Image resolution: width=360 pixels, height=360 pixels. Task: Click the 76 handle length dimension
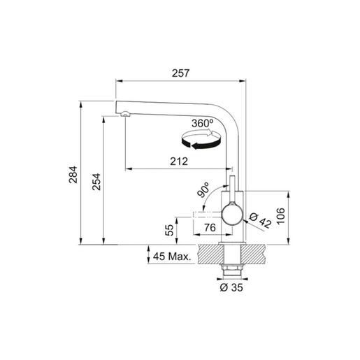[208, 227]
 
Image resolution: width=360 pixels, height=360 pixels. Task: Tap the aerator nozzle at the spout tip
[124, 114]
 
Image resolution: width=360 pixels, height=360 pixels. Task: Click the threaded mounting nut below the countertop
[231, 268]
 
